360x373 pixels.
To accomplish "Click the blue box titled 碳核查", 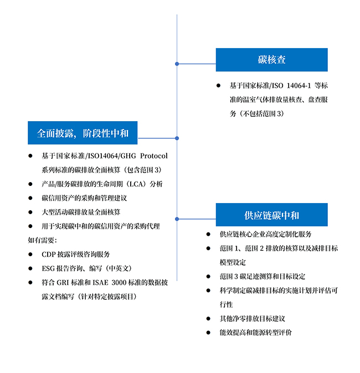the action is (x=272, y=60).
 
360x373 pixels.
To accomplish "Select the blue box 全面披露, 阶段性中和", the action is (x=83, y=133).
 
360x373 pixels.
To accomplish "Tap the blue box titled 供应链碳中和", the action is (x=272, y=215).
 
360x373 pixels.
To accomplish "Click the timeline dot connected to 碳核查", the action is (x=177, y=64).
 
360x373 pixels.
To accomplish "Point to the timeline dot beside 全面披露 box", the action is (x=177, y=138).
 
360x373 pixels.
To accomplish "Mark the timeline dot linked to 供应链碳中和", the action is (x=177, y=219).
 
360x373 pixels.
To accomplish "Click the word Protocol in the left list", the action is (x=154, y=156).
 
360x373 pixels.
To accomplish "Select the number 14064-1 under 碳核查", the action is (x=299, y=86).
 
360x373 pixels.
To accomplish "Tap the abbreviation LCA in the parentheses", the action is (x=136, y=184).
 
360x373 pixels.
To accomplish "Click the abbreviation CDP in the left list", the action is (x=49, y=255).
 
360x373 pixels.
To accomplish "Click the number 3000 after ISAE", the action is (x=119, y=282).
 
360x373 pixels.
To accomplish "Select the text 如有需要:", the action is (x=42, y=240).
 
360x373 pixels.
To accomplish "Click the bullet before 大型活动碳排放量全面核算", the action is (x=30, y=212).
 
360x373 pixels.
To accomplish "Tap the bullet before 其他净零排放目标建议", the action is (x=208, y=319).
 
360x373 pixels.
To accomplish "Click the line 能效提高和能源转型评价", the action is (x=255, y=333).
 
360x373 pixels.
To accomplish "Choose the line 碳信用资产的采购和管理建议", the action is (x=84, y=198).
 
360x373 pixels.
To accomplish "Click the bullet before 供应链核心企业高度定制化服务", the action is (x=208, y=234).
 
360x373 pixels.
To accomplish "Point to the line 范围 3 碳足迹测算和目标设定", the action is (x=262, y=276).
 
